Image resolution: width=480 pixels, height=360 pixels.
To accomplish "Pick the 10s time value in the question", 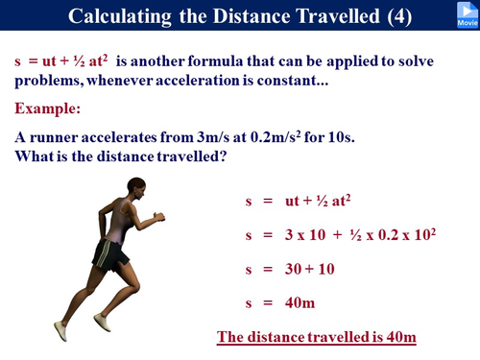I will (x=340, y=137).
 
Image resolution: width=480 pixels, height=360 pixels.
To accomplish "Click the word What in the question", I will (x=34, y=156).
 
